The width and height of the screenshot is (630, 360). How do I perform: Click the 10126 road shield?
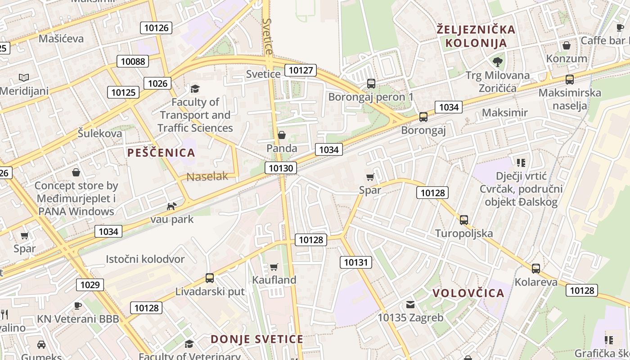(x=156, y=28)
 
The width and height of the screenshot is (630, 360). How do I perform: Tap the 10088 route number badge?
(x=133, y=61)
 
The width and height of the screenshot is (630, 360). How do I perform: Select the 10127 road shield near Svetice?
(x=301, y=70)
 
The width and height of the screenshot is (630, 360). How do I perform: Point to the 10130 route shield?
(x=281, y=168)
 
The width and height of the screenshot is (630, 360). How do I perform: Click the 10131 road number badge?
(x=355, y=262)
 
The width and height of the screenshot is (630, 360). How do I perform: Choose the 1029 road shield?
(x=90, y=284)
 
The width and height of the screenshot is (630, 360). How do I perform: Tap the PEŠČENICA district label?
(x=161, y=153)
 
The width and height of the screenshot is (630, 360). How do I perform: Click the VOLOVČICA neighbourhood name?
(x=468, y=293)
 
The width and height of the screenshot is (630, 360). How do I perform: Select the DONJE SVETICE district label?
(x=257, y=339)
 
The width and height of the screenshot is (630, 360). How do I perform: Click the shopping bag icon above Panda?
(x=282, y=135)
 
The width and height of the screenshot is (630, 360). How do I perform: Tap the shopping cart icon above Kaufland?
(x=274, y=267)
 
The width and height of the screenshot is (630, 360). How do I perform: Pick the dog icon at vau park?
(x=171, y=207)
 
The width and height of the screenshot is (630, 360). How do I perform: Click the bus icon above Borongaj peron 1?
(x=371, y=83)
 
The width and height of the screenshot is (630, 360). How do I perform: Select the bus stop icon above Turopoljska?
(x=464, y=220)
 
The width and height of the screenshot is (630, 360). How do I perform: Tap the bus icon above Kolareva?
(x=535, y=269)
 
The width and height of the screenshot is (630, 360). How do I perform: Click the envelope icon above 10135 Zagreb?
(x=410, y=305)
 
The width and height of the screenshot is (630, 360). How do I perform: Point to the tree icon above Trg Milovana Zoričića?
(x=498, y=62)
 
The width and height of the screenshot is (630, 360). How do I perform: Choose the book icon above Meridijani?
(x=24, y=78)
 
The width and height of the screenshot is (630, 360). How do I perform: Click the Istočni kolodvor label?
(x=145, y=259)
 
